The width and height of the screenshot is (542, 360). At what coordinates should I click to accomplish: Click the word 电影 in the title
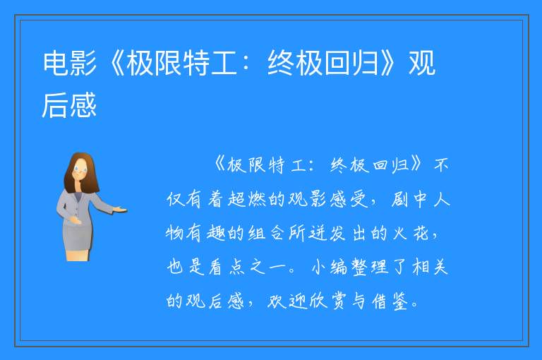70,63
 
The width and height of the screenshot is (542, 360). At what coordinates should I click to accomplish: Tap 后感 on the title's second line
69,105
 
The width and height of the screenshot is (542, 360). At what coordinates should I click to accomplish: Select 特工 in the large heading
210,63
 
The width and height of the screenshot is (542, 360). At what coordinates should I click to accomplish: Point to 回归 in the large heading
351,63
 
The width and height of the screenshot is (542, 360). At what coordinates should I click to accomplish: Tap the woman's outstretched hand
119,209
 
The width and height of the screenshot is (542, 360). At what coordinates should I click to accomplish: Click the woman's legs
78,256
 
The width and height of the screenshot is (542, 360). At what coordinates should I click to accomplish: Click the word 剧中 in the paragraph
409,199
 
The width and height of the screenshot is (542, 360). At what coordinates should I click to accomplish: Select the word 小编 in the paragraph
329,267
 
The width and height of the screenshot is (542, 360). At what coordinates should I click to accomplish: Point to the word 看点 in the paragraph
227,267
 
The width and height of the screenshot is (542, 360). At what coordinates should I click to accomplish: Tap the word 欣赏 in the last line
327,301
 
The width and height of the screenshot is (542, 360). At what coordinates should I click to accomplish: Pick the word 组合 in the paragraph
267,233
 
